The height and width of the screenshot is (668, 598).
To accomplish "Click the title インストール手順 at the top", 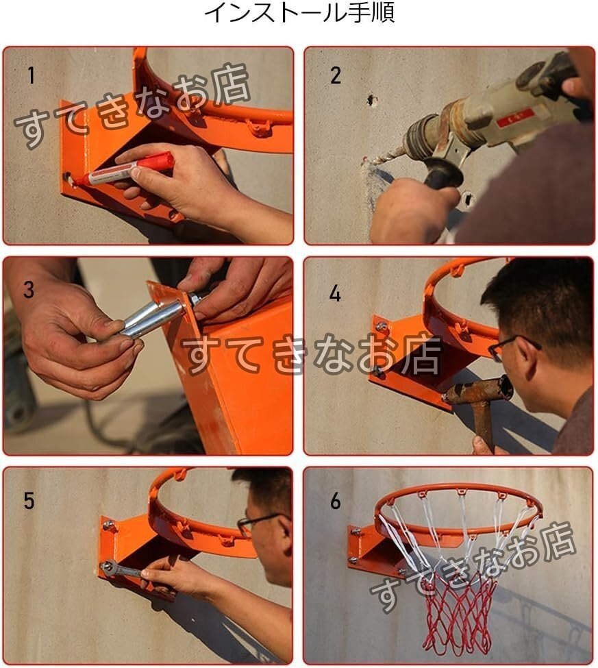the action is coord(299,12).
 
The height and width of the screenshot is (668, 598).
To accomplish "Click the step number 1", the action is coord(31,75).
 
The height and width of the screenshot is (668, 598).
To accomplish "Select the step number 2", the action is coord(336,75).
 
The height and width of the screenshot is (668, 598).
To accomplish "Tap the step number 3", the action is coord(29,290).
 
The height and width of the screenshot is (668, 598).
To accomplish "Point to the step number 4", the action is coord(335,293).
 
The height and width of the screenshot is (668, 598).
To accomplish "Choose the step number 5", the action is coord(29,501).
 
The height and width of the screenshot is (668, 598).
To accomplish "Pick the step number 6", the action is coord(336,501).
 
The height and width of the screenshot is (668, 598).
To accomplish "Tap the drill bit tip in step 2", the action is coord(365,161).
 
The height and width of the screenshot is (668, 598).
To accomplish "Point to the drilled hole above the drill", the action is coord(372,101).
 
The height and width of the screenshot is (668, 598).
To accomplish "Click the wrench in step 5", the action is coord(123,569).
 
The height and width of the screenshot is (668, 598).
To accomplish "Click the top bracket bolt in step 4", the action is coord(382,326).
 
